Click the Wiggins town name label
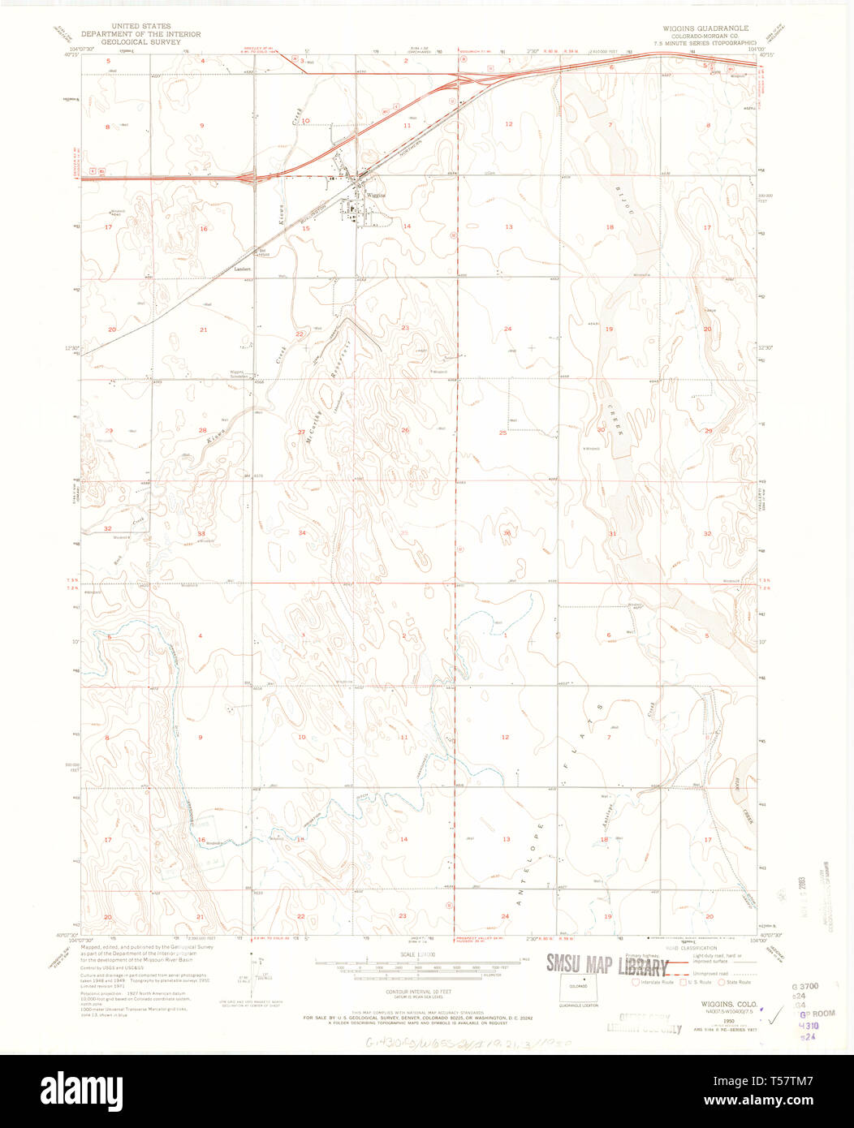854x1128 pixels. (374, 196)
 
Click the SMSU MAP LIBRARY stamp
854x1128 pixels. (607, 964)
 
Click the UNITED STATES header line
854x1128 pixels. (140, 26)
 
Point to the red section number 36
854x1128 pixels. (507, 532)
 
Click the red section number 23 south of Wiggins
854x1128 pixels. (404, 327)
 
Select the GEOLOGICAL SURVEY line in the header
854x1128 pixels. (140, 43)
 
